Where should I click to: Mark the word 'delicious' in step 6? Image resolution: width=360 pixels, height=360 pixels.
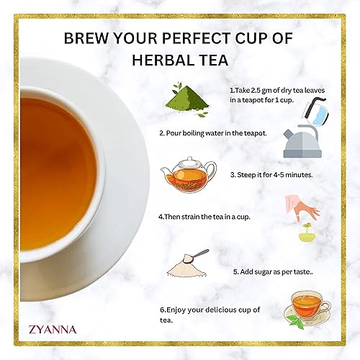(218, 310)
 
